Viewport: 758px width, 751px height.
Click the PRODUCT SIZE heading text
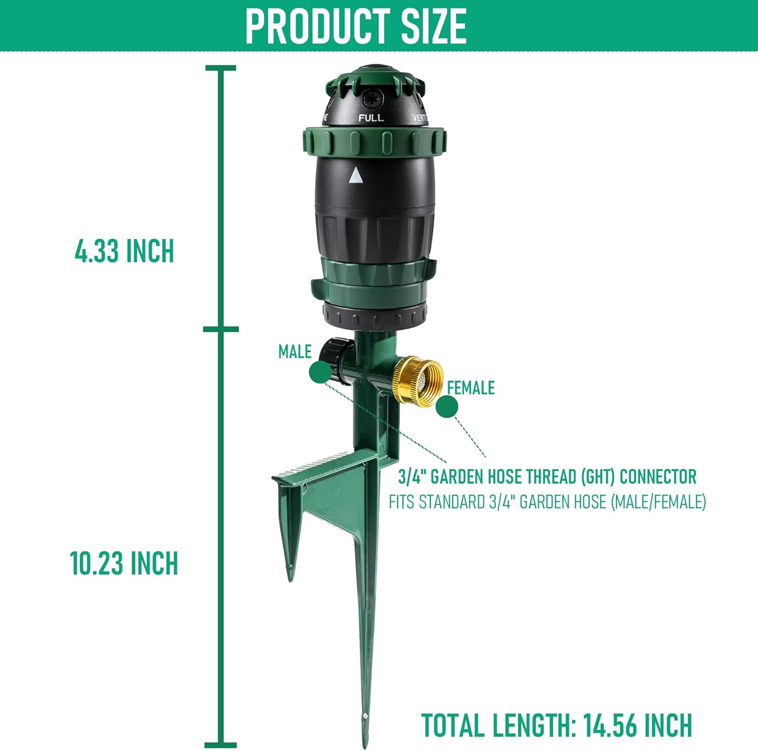356,26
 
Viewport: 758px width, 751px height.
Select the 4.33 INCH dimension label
124,251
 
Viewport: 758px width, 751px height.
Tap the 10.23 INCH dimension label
124,563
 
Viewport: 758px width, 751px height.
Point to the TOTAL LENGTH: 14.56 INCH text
556,726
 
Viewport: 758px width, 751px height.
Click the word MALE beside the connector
295,352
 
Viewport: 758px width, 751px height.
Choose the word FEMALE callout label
471,388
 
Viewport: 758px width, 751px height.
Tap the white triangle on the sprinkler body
356,175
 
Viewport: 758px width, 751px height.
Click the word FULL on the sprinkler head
371,118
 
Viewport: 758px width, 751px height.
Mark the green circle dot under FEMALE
447,406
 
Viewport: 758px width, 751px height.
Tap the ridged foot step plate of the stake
323,465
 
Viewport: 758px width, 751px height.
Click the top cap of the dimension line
221,68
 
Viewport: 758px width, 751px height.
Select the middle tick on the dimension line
221,330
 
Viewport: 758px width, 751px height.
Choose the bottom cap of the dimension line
221,744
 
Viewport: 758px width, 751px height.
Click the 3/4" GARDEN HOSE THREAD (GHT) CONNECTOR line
547,477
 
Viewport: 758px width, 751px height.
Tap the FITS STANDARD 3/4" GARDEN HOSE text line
547,502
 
